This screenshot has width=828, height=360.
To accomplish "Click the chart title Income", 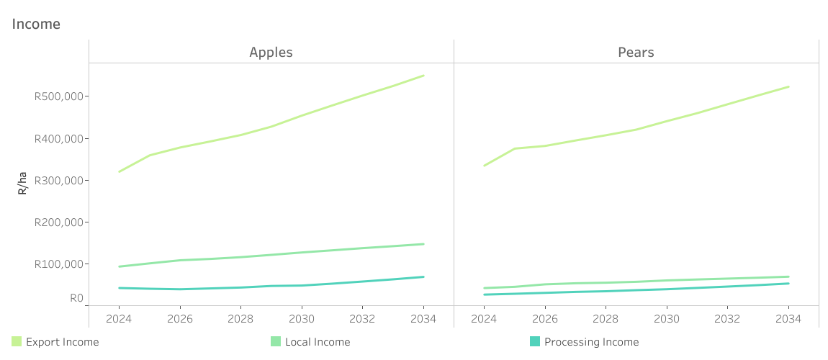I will pos(36,24).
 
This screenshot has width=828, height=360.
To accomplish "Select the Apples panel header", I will pos(271,52).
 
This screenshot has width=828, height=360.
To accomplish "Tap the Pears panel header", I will pos(636,52).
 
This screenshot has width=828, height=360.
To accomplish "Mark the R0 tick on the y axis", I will pos(76,298).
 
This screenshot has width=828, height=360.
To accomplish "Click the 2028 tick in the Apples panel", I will pos(240,318).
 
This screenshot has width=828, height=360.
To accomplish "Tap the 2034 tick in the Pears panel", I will pos(788,318).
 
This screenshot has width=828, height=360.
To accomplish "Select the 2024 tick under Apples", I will pos(119,318).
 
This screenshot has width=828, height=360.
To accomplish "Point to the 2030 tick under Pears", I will pos(667,318).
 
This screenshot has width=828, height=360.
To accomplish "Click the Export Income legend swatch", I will pos(17,342).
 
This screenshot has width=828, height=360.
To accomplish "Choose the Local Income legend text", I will pos(318,342).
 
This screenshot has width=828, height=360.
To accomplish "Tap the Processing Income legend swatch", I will pos(535,342).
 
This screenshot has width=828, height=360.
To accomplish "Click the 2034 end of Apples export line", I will pos(423,76).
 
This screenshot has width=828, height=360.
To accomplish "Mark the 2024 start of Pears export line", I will pos(485,166).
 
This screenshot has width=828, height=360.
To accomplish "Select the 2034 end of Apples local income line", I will pos(423,244).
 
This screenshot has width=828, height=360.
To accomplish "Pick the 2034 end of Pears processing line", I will pos(788,283).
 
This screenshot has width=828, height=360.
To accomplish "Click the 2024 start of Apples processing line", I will pos(119,288).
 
